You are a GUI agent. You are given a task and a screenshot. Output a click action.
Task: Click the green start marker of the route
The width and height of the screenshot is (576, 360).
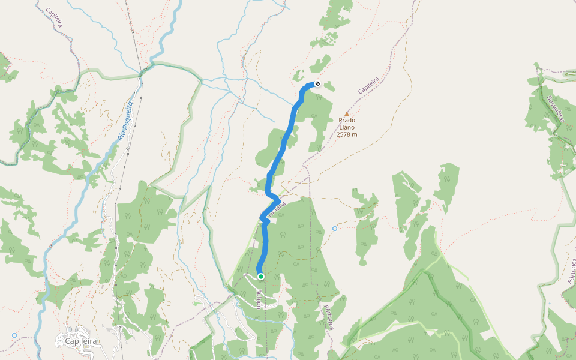[261, 277]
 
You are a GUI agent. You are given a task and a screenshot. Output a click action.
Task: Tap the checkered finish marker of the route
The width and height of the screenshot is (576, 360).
[317, 84]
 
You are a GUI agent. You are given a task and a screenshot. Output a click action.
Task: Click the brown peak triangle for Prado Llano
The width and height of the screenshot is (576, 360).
[346, 113]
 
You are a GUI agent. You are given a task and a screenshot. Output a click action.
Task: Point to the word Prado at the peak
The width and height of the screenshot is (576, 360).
[347, 120]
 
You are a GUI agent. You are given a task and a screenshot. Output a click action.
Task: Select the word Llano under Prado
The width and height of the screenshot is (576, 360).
[347, 127]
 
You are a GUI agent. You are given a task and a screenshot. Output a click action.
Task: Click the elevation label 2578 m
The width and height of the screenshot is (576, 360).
[347, 134]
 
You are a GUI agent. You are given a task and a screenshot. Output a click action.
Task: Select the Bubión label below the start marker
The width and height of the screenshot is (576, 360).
[259, 298]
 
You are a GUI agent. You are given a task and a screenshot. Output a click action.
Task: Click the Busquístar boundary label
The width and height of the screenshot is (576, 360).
[556, 109]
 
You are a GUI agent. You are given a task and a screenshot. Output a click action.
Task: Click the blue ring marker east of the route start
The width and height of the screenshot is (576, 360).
[335, 229]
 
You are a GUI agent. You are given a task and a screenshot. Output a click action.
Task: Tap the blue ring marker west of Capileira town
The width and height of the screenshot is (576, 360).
[14, 335]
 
